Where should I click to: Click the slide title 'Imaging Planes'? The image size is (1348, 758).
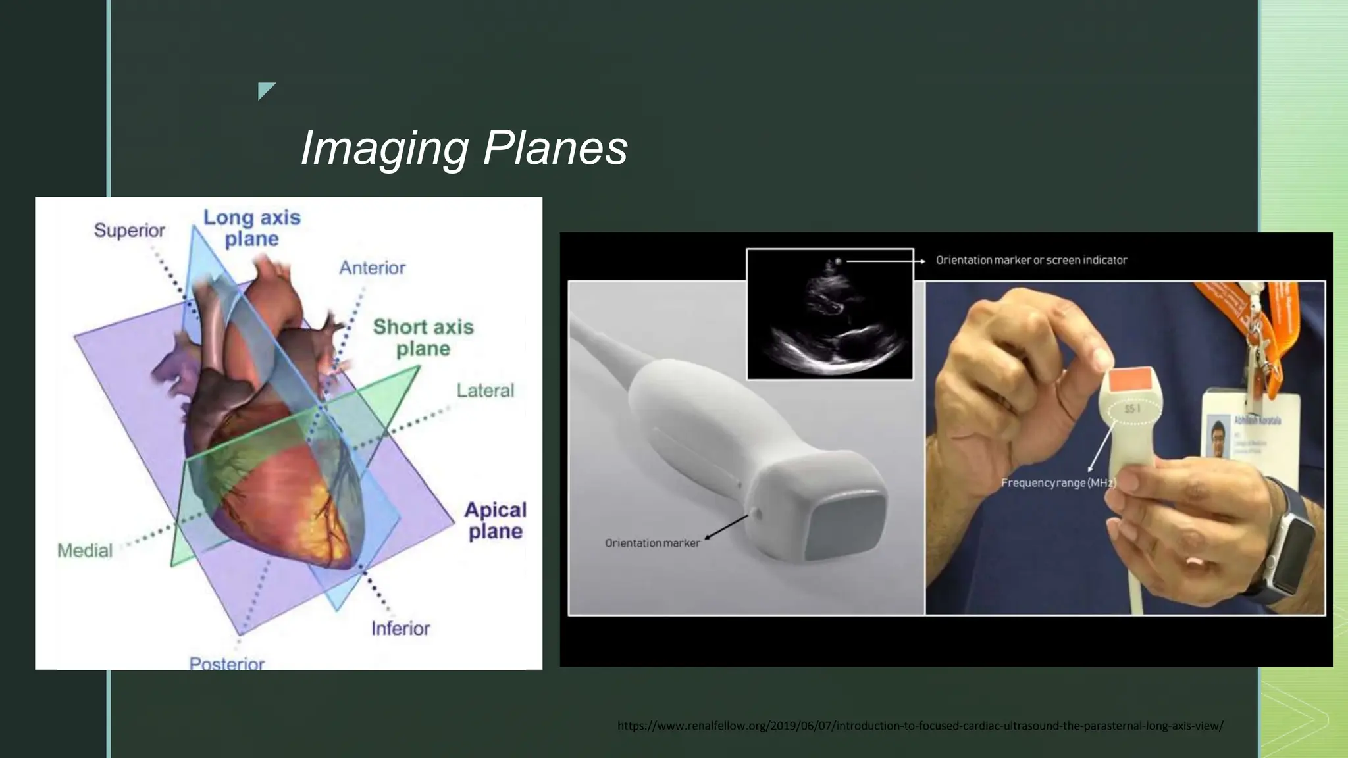464,148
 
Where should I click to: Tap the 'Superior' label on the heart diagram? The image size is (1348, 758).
129,230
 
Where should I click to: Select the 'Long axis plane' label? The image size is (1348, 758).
251,228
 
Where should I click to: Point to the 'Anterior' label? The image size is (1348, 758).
372,268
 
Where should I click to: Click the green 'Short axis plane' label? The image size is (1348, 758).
423,338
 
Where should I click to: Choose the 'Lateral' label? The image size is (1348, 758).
485,391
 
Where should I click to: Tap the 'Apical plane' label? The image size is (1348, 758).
496,520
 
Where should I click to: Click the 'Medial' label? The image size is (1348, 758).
85,551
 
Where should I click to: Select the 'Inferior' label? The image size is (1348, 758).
400,629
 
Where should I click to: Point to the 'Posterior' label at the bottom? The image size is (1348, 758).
227,663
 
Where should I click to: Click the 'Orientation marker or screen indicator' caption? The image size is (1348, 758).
1031,260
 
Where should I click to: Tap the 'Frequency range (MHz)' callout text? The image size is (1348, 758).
1058,483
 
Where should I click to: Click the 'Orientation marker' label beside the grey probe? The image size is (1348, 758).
652,543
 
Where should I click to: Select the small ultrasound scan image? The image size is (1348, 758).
830,314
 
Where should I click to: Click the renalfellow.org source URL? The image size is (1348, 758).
920,726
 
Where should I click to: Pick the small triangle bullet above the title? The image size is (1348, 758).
266,89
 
